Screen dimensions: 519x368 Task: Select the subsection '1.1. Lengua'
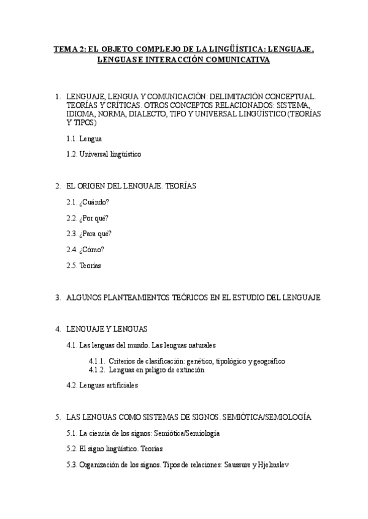[x=85, y=139]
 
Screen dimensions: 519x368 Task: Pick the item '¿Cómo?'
[x=91, y=249]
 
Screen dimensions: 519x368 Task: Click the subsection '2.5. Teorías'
[x=83, y=265]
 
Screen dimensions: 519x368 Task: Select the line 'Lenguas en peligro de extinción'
[x=156, y=370]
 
